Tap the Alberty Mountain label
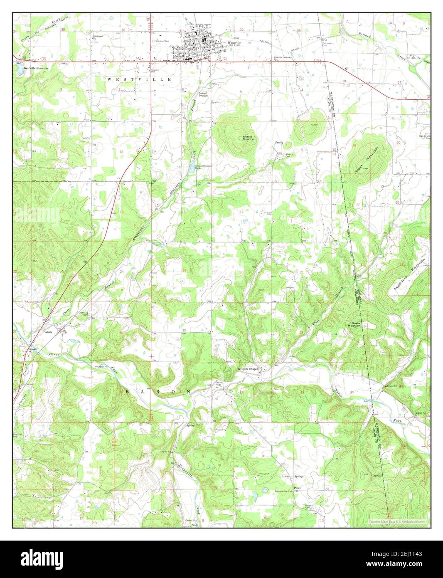click(249, 138)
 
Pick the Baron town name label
click(47, 332)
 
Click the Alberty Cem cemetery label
click(289, 155)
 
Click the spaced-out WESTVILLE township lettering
click(139, 79)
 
